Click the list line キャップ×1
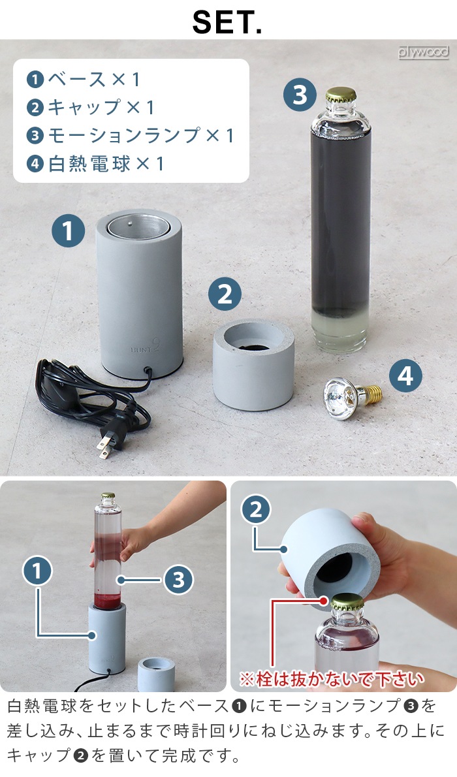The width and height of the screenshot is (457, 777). [92, 107]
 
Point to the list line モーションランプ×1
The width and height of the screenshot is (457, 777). [130, 135]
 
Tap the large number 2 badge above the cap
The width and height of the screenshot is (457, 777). [225, 294]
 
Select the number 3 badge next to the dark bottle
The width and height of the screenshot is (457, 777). [300, 95]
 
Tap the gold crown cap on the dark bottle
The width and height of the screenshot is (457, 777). [340, 95]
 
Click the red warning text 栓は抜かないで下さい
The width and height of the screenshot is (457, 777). [331, 678]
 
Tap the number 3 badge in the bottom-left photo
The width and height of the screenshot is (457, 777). [178, 579]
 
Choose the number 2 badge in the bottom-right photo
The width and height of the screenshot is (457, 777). [256, 510]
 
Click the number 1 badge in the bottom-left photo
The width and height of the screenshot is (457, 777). [38, 571]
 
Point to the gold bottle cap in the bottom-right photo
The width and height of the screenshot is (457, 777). [346, 601]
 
